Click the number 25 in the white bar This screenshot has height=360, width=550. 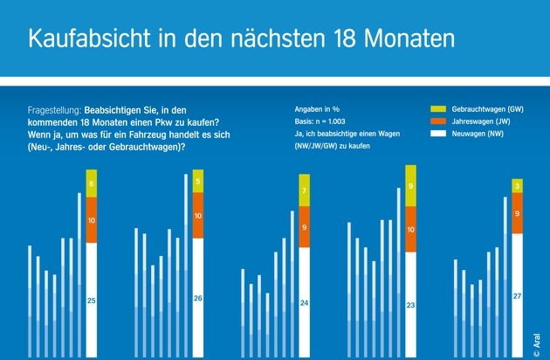(92, 301)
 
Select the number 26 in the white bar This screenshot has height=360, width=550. (198, 299)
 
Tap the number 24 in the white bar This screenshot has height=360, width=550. (305, 303)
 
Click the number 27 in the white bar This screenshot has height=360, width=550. (518, 297)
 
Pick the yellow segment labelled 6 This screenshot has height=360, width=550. (92, 183)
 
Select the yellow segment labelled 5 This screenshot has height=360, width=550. (198, 183)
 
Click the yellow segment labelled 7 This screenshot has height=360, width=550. (305, 190)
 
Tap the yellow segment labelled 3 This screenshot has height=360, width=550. (518, 186)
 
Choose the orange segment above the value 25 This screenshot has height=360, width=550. (92, 221)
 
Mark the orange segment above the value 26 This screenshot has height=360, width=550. (198, 216)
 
